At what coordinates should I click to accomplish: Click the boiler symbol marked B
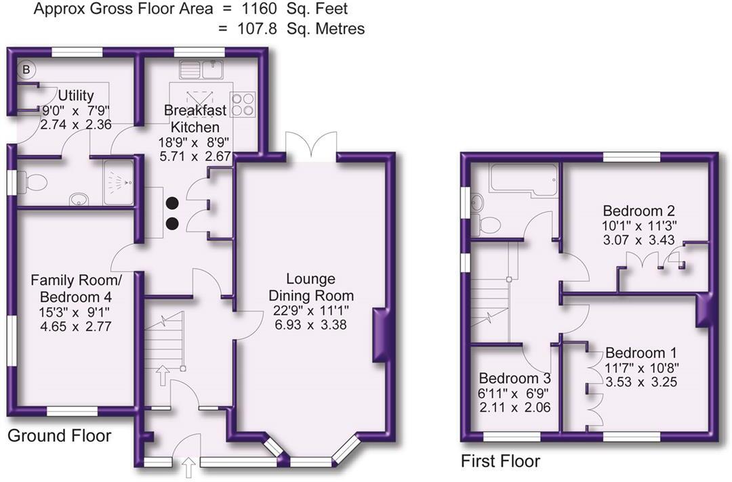click(x=27, y=69)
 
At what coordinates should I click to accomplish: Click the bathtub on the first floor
click(x=515, y=179)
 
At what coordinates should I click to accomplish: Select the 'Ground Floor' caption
click(x=59, y=435)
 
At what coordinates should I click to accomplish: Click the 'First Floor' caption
click(x=500, y=462)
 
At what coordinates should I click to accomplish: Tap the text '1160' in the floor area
click(x=264, y=9)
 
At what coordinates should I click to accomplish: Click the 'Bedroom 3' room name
click(x=514, y=378)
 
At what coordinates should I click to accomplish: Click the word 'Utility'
click(x=75, y=95)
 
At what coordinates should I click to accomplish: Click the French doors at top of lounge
click(x=311, y=146)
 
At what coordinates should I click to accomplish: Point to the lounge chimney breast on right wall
click(x=382, y=335)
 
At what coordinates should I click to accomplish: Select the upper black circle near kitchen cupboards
click(x=172, y=202)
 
